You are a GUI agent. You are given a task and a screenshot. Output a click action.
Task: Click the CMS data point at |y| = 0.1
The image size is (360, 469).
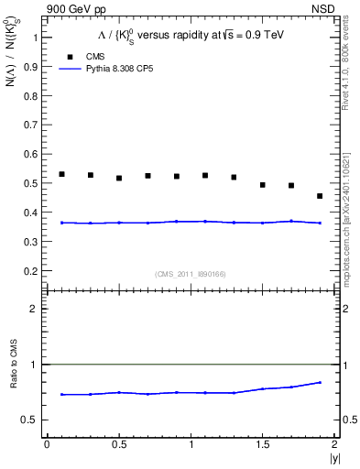61,174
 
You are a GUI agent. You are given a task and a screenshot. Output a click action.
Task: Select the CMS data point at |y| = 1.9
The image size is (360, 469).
320,196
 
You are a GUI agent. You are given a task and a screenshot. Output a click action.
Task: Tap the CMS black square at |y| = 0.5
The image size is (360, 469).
119,178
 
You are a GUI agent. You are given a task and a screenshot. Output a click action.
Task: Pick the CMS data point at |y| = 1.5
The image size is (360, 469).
263,185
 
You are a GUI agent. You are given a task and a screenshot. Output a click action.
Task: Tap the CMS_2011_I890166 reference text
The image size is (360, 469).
191,274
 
